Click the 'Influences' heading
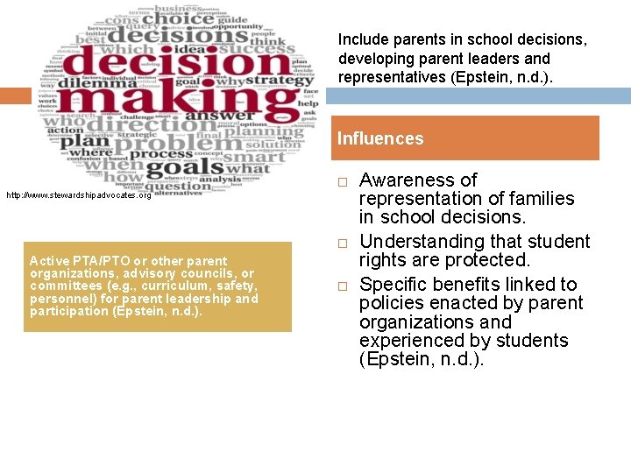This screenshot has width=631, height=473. tap(380, 138)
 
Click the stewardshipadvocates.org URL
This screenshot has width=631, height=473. tap(78, 195)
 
